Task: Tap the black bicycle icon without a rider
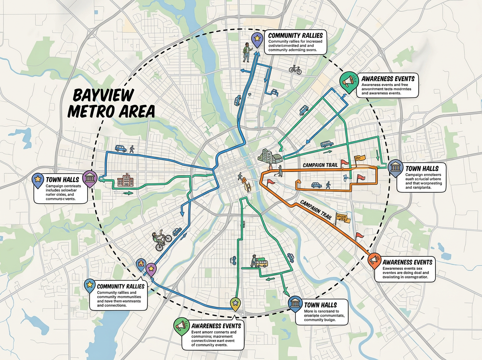[295, 70]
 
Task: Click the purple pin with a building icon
[89, 178]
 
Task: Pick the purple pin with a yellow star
[151, 268]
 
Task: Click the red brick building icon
[125, 182]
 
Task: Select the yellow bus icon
[262, 263]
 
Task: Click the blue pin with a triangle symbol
[141, 264]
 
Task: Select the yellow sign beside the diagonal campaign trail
[342, 218]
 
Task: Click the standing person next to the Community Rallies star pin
[246, 53]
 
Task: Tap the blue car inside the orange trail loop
[317, 185]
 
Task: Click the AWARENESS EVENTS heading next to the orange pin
[408, 262]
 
